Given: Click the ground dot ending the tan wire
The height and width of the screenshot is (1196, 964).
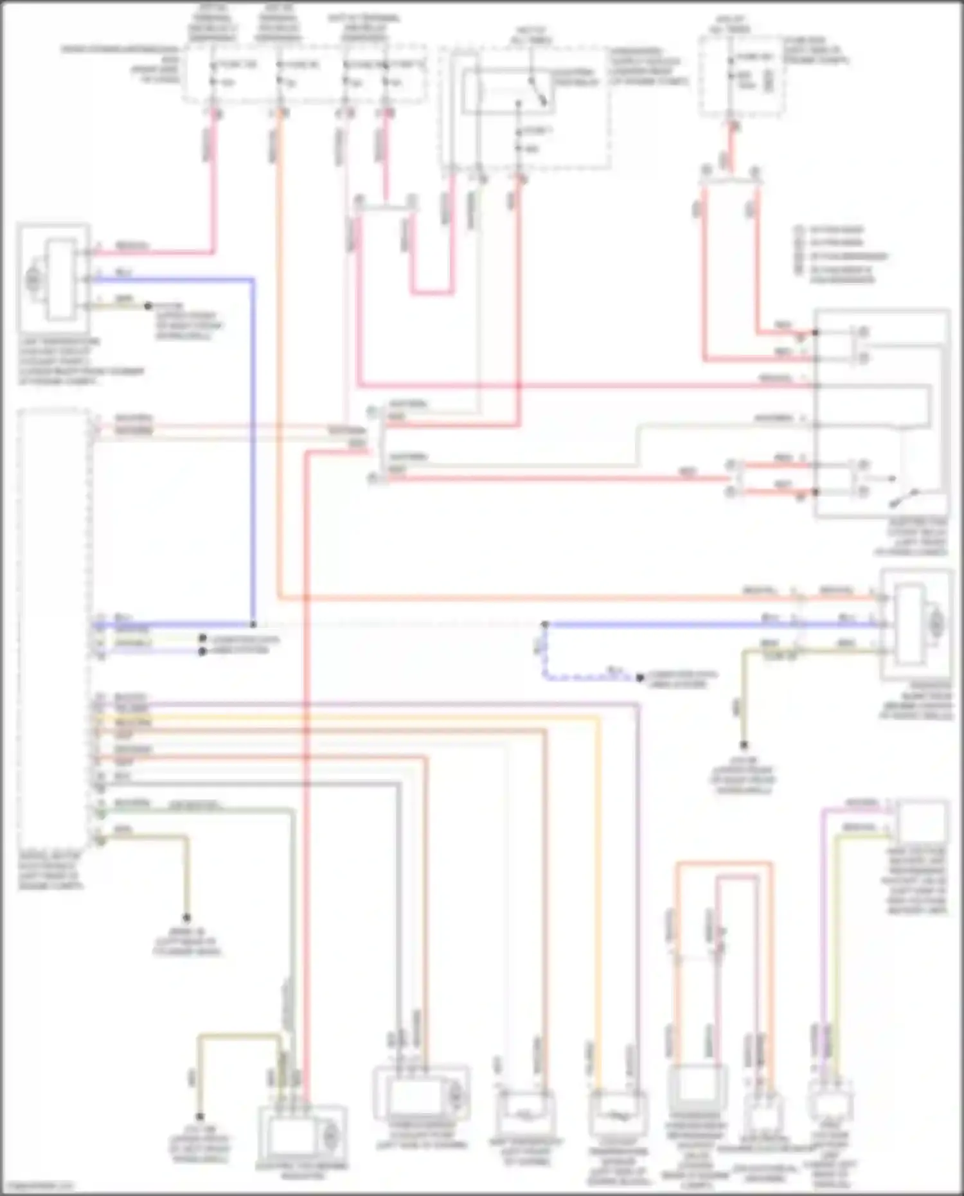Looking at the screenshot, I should tap(187, 918).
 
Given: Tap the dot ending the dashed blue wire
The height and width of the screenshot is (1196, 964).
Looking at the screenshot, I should tap(640, 678).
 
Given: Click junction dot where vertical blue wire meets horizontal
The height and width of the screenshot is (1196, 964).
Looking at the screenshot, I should tap(253, 625).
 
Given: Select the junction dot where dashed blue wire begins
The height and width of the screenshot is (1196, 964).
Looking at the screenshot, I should tap(544, 625).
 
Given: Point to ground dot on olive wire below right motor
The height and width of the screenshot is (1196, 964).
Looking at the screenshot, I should tap(744, 745).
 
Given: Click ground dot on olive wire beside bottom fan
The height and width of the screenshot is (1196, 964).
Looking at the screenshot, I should tap(200, 1118).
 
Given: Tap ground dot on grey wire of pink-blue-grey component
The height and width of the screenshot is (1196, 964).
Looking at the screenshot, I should tap(148, 306).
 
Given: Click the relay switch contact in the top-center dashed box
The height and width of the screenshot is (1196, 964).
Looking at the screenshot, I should tap(537, 91).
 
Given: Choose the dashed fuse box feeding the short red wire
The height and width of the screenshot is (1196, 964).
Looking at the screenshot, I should tap(740, 76).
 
